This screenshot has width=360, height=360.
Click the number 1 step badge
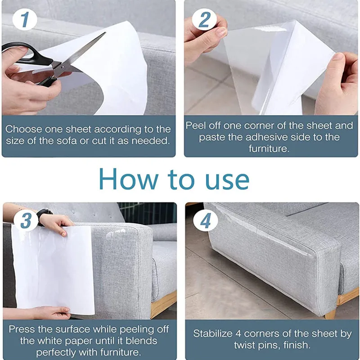tap(25, 19)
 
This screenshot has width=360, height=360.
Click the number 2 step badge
tap(204, 20)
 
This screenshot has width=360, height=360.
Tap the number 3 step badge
tap(26, 220)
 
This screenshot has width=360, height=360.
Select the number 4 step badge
tap(206, 220)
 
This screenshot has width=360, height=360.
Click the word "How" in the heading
tap(129, 179)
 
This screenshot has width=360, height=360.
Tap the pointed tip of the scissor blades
tap(105, 32)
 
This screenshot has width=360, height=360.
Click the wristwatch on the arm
tap(44, 216)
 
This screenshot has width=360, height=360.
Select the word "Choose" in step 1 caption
tap(24, 129)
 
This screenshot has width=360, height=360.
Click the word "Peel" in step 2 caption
tap(195, 126)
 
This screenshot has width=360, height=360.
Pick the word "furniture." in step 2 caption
tap(269, 149)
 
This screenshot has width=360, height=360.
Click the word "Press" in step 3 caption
tap(21, 329)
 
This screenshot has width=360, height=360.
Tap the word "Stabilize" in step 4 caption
tap(212, 333)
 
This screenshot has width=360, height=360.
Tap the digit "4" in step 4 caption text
tap(238, 333)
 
